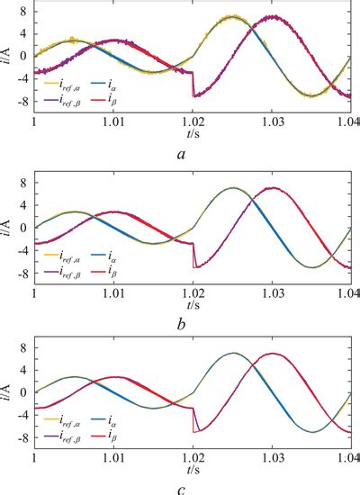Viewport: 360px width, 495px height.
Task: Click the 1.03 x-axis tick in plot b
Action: [272, 293]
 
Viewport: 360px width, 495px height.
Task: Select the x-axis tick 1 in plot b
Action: [34, 293]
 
